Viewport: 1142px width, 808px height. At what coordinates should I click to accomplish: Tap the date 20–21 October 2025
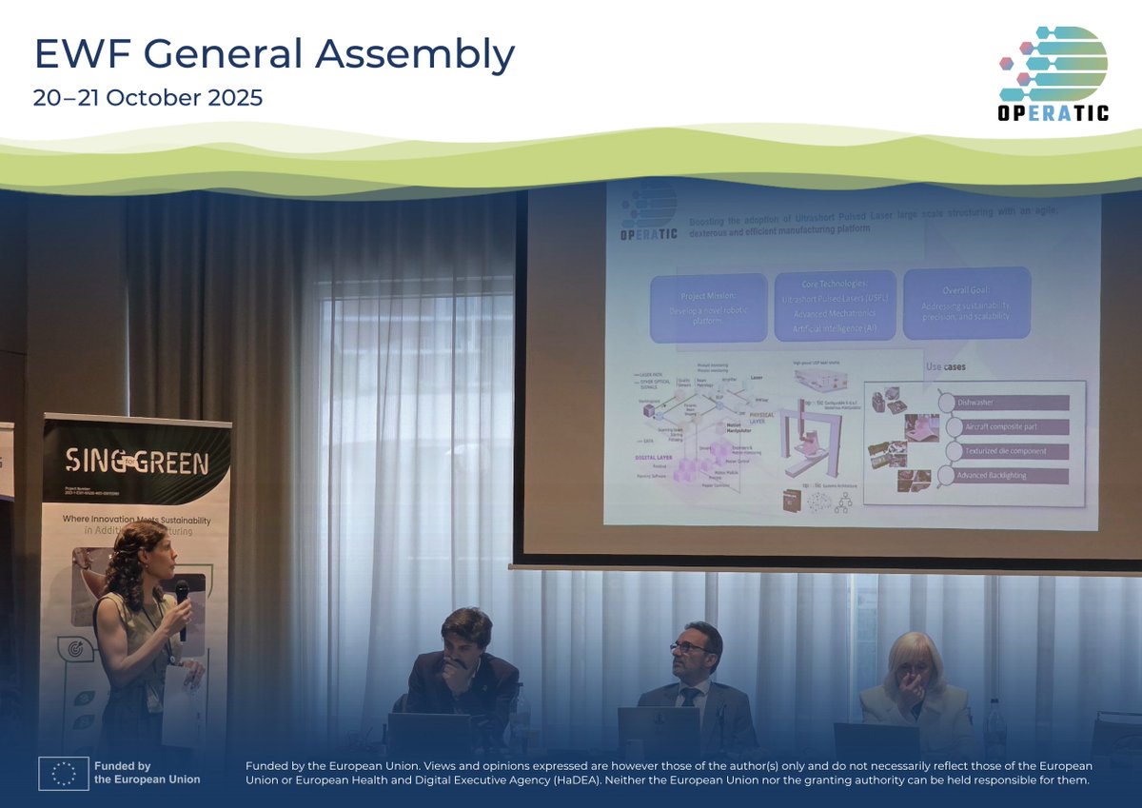pyautogui.click(x=148, y=99)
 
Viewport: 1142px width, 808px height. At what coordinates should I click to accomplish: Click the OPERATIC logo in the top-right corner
pyautogui.click(x=1053, y=74)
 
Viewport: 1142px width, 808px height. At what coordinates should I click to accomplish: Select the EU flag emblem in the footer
pyautogui.click(x=63, y=772)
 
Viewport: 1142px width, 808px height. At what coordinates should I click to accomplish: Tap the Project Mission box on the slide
pyautogui.click(x=708, y=307)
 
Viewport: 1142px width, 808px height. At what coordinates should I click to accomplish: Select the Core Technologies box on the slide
pyautogui.click(x=834, y=305)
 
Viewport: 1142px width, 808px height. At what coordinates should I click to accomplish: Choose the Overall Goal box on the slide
pyautogui.click(x=965, y=303)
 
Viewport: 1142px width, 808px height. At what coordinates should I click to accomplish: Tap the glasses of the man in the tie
pyautogui.click(x=691, y=647)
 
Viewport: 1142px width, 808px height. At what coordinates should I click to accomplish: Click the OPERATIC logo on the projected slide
pyautogui.click(x=646, y=215)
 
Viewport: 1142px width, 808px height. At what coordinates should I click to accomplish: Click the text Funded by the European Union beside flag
pyautogui.click(x=147, y=772)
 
